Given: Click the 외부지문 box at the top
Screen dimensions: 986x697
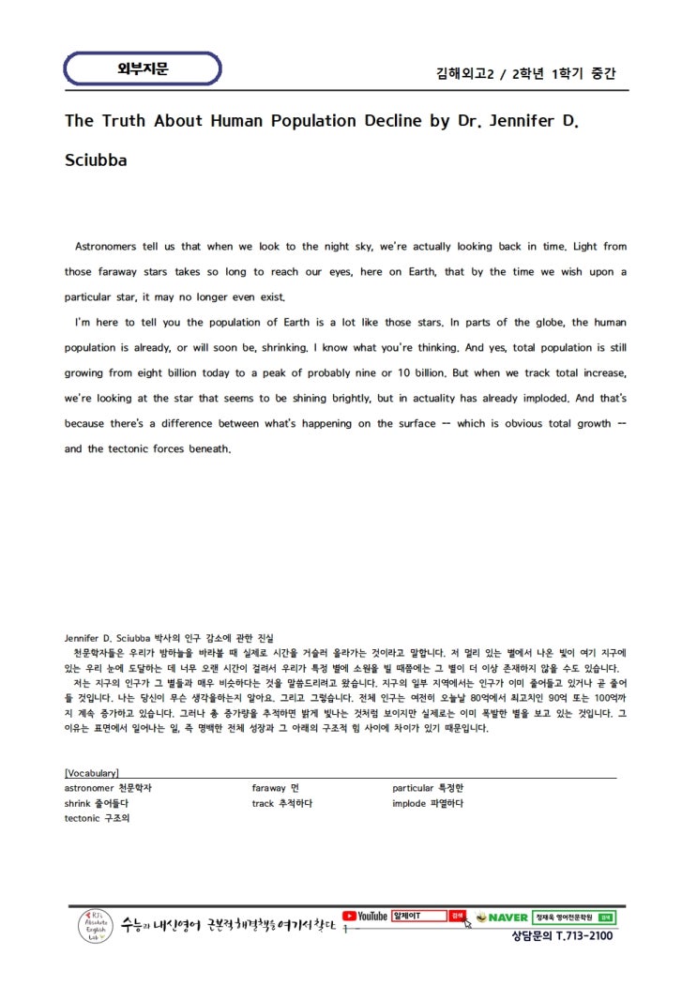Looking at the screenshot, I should pos(143,68).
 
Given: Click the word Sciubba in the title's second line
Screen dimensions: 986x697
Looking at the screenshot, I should pos(96,159).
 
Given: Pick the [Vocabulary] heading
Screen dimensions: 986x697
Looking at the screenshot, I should pos(91,773).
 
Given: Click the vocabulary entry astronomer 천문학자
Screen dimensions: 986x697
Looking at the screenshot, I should pos(108,788).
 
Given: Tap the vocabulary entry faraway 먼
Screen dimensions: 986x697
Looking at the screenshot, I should pos(275,788).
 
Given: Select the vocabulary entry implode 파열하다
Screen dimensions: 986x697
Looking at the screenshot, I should pos(428,803).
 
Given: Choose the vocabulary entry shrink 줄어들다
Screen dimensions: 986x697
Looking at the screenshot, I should pos(96,803).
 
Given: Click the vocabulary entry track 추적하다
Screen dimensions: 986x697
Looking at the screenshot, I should pos(281,803).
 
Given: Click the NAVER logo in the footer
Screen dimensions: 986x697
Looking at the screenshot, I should pos(502,917).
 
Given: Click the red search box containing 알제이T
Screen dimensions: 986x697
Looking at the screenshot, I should pos(418,916).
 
